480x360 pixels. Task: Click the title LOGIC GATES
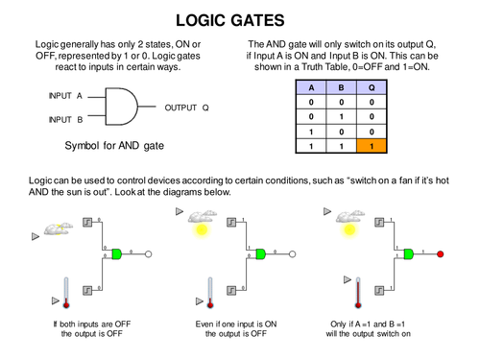click(240, 20)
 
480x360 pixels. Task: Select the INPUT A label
click(64, 97)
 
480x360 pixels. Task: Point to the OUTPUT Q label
click(187, 108)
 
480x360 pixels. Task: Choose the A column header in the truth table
click(309, 86)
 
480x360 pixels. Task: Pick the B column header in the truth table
click(343, 86)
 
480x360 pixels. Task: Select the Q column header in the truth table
click(374, 86)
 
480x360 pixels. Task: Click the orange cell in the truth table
click(374, 147)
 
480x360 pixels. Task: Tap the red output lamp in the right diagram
click(441, 254)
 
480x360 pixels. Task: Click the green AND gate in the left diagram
click(117, 254)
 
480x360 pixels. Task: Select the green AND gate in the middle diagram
click(260, 254)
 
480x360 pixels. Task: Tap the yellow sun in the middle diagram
click(202, 229)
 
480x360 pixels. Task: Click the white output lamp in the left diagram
click(149, 254)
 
